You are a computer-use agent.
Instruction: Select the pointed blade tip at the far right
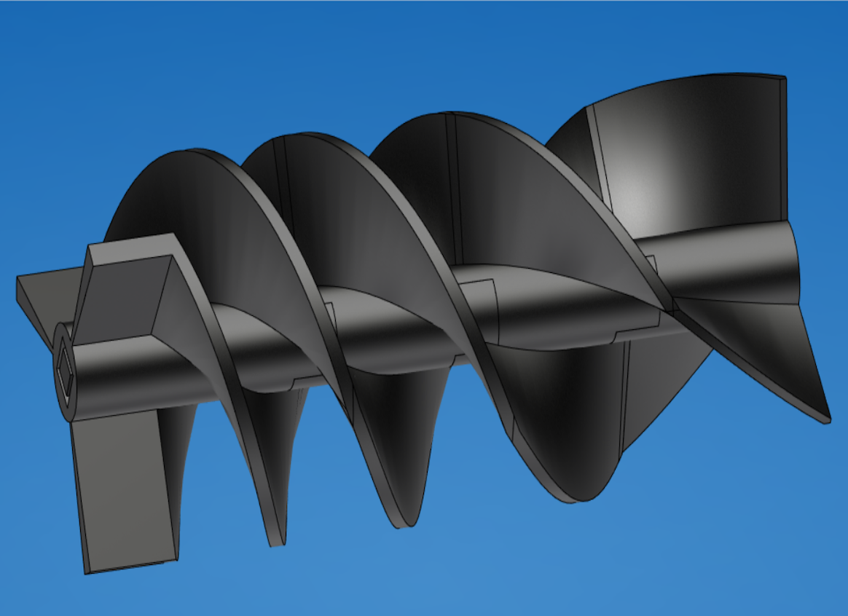pos(827,419)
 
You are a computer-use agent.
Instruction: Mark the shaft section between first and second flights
pos(299,342)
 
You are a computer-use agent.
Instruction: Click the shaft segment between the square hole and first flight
pos(146,371)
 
